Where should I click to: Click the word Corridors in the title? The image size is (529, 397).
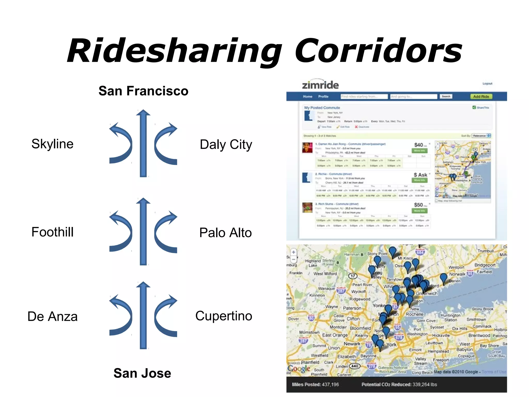click(378, 51)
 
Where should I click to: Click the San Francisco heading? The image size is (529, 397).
click(143, 91)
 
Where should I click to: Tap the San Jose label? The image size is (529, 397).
click(142, 373)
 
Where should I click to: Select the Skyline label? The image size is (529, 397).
click(52, 144)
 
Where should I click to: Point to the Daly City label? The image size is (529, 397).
click(226, 144)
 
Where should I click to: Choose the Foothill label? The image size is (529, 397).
click(52, 232)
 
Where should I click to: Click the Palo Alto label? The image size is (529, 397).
click(225, 233)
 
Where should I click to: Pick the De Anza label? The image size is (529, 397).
click(52, 316)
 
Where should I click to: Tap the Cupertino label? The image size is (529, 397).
click(224, 316)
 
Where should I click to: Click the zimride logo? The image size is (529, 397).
click(320, 85)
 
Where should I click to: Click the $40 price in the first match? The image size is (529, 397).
click(419, 145)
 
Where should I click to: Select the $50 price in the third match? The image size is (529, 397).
click(418, 205)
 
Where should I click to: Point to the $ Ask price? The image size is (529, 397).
click(420, 175)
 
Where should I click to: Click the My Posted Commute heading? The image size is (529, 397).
click(322, 108)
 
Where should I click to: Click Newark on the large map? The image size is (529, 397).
click(352, 344)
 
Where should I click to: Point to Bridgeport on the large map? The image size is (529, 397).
click(485, 265)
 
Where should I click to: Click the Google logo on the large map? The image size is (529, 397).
click(299, 368)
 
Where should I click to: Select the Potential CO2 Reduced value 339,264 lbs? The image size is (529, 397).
click(425, 384)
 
